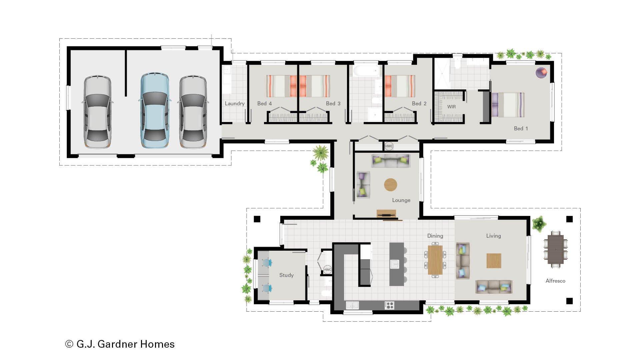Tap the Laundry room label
tap(235, 103)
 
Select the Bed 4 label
tap(264, 103)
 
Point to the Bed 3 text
tap(333, 103)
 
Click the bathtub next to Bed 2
tap(366, 71)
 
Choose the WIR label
tap(451, 107)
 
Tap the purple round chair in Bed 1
tap(541, 73)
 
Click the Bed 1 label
tap(521, 128)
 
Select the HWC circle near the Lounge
tap(389, 146)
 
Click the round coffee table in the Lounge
tap(391, 185)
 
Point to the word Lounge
tap(401, 200)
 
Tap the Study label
tap(286, 275)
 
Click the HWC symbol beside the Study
tap(327, 270)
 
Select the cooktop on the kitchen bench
tap(389, 305)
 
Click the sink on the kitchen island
tap(395, 264)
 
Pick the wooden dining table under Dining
tap(435, 260)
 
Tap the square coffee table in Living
tap(494, 261)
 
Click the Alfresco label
tap(555, 281)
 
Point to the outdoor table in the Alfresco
tap(555, 249)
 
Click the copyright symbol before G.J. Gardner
tap(69, 344)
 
